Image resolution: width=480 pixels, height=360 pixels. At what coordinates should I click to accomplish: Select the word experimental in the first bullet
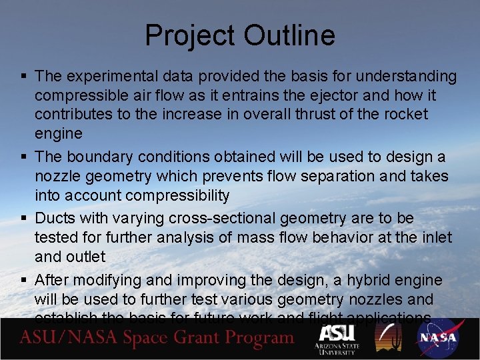tap(107, 77)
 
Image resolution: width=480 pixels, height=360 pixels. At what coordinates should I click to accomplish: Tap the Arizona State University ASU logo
tap(337, 340)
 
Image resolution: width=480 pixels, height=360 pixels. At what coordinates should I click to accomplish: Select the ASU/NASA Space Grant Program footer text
tap(157, 338)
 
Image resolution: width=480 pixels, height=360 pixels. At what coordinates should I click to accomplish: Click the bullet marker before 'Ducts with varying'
tap(24, 219)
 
